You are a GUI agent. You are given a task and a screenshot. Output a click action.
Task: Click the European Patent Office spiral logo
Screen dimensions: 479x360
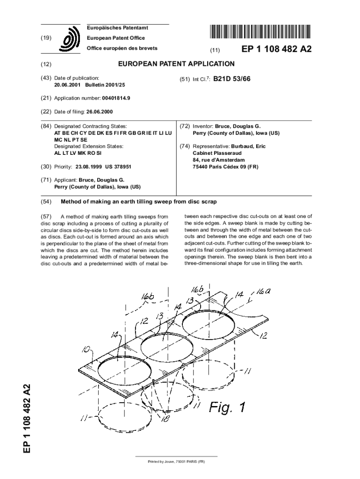point(69,39)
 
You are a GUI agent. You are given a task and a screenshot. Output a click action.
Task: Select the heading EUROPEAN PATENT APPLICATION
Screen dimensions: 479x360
point(176,64)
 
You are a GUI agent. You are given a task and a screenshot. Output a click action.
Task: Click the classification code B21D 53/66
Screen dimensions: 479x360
point(232,79)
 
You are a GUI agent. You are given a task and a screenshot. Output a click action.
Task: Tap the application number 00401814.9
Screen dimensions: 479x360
point(116,99)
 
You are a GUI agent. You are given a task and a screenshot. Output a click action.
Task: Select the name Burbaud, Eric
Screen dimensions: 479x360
point(248,146)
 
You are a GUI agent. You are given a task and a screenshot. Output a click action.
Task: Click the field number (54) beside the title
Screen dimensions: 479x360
point(46,202)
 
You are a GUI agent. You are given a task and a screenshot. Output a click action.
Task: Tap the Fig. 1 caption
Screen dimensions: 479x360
point(226,407)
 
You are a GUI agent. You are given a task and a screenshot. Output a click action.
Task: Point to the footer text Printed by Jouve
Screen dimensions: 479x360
point(176,462)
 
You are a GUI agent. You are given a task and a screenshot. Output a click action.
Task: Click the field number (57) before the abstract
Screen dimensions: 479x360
point(46,217)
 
